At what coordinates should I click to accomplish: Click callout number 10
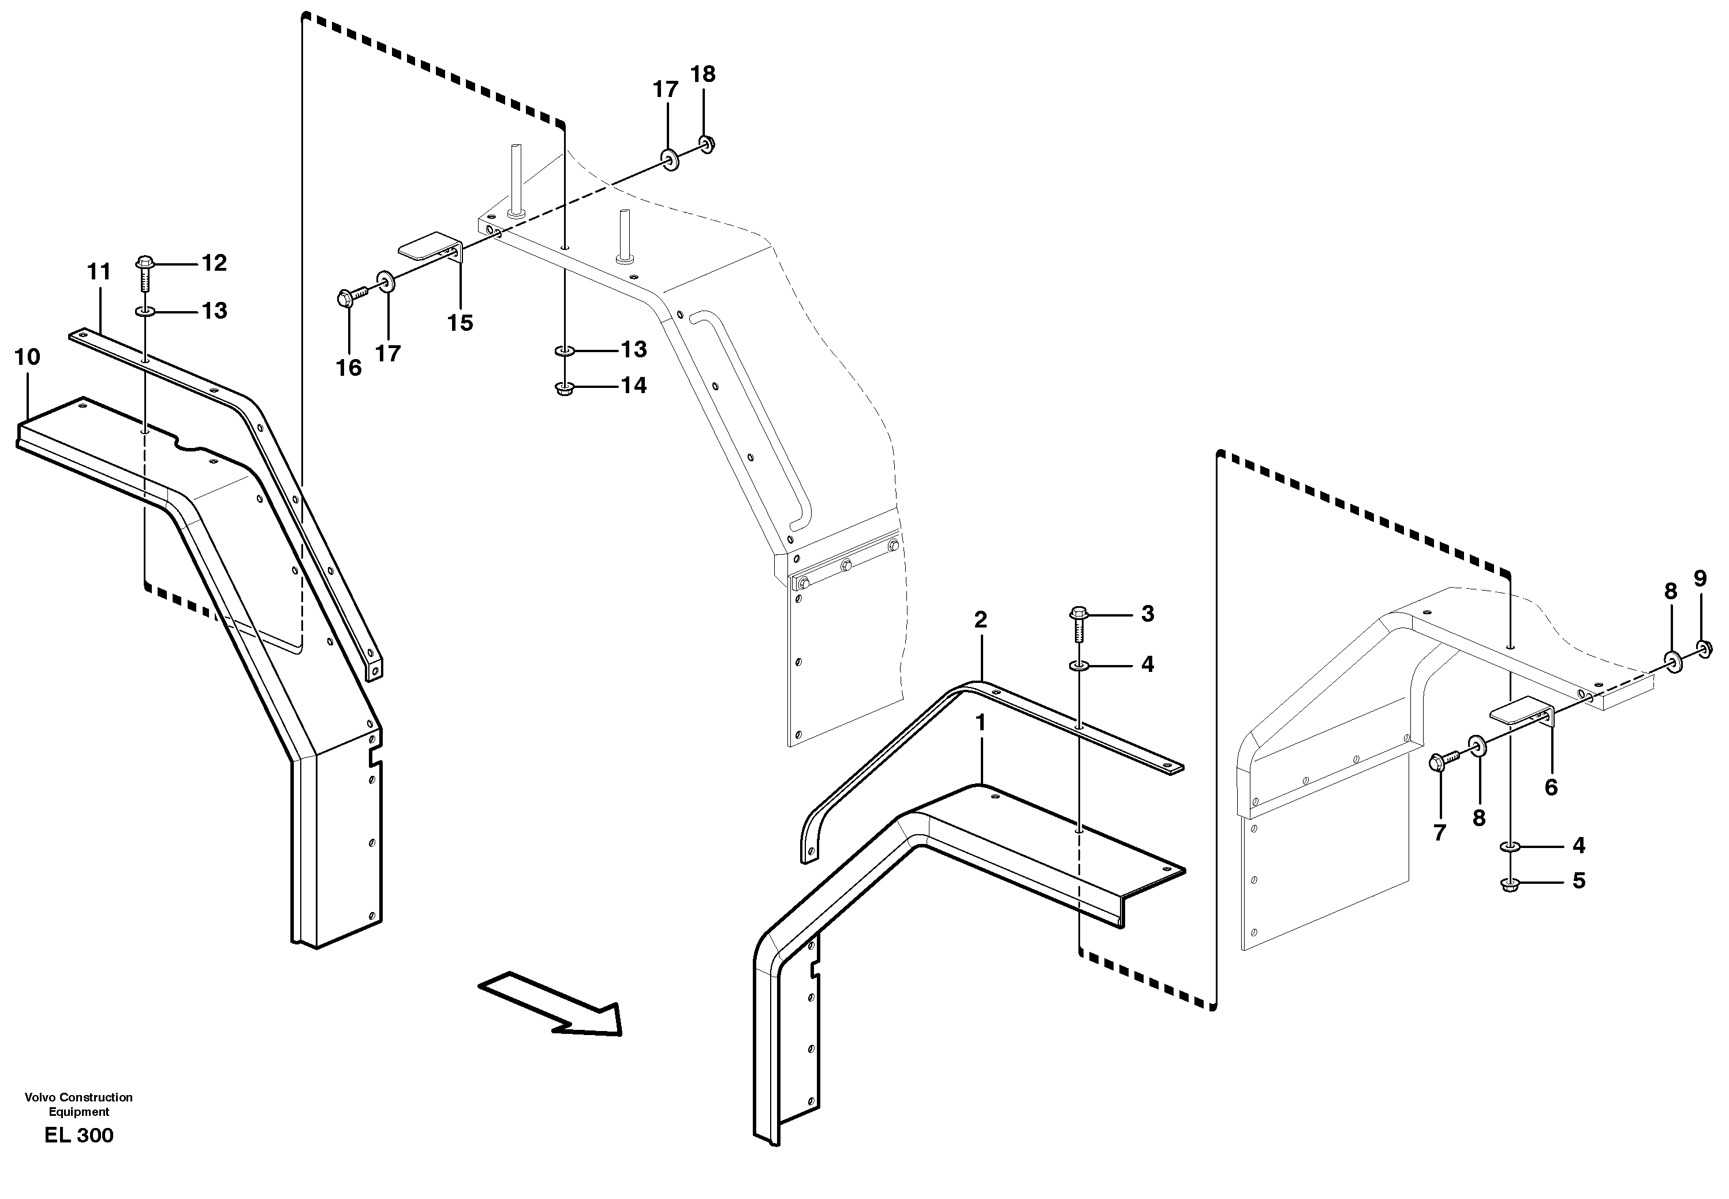27,357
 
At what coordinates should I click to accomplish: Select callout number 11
99,271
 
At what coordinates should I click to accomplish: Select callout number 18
703,74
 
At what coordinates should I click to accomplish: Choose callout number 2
980,620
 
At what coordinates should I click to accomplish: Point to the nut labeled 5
1509,884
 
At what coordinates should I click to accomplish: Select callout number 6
1551,787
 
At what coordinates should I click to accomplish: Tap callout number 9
1701,578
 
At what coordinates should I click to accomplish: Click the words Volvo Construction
79,1097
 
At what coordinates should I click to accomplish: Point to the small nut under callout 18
706,142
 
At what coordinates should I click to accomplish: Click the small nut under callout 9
1704,648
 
